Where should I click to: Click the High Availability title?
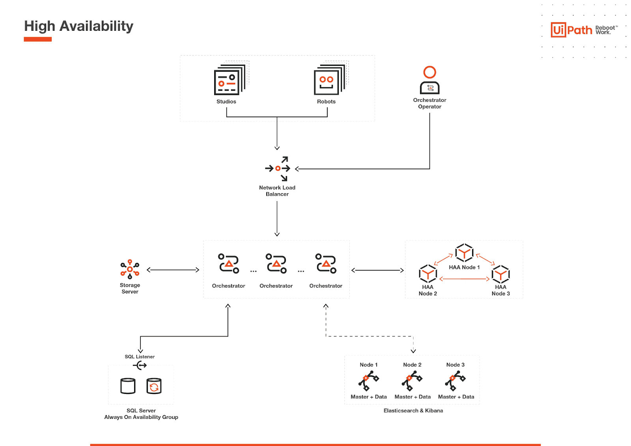pos(78,26)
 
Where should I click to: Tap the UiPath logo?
pos(571,30)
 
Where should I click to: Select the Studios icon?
pos(229,80)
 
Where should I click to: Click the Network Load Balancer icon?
pos(278,169)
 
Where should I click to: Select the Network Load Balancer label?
pos(277,191)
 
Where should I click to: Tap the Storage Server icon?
pos(130,269)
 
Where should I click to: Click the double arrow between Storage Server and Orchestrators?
pos(173,270)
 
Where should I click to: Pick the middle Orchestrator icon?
pos(276,263)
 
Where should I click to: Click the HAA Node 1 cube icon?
pos(464,253)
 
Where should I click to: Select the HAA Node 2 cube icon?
pos(428,274)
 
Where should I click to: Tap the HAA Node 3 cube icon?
pos(500,274)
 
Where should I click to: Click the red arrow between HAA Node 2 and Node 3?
pos(464,279)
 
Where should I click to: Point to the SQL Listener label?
pos(140,356)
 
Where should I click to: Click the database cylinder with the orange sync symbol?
pos(154,386)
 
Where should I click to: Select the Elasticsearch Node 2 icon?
pos(412,381)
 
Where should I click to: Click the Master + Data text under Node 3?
pos(456,397)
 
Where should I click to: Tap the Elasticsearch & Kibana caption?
pos(413,411)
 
